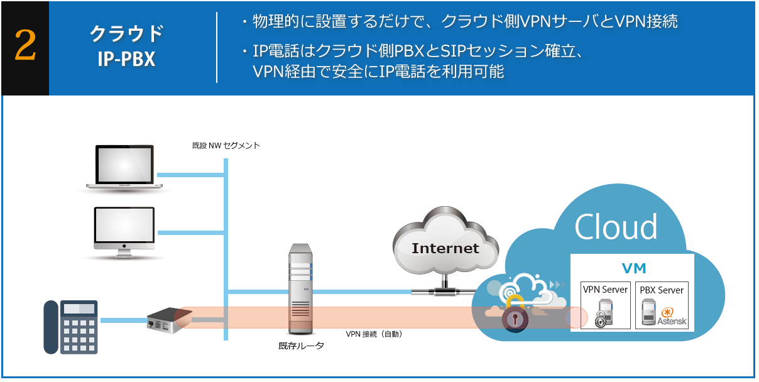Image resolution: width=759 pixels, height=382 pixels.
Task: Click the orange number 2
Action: (x=25, y=48)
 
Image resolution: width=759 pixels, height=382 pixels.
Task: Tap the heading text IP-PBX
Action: (x=126, y=59)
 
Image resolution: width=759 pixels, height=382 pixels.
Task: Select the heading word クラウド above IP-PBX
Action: (x=126, y=32)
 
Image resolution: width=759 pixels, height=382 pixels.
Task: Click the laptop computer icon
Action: (x=124, y=167)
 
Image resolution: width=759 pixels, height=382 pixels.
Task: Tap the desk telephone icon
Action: (x=70, y=327)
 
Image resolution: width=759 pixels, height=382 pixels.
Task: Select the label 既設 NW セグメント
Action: (x=226, y=146)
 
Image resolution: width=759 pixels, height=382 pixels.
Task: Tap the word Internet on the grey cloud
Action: (x=445, y=248)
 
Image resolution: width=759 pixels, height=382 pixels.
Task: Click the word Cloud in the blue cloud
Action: (x=616, y=226)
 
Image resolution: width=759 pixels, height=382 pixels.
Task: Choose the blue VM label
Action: (x=633, y=269)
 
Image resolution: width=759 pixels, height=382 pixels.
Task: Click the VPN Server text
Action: (x=606, y=290)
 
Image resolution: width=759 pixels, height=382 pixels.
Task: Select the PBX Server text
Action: (x=662, y=290)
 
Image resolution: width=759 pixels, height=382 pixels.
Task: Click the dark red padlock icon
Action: (x=515, y=319)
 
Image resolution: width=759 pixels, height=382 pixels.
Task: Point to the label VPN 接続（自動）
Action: (x=374, y=334)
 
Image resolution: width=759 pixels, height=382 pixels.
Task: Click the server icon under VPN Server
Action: (x=604, y=313)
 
